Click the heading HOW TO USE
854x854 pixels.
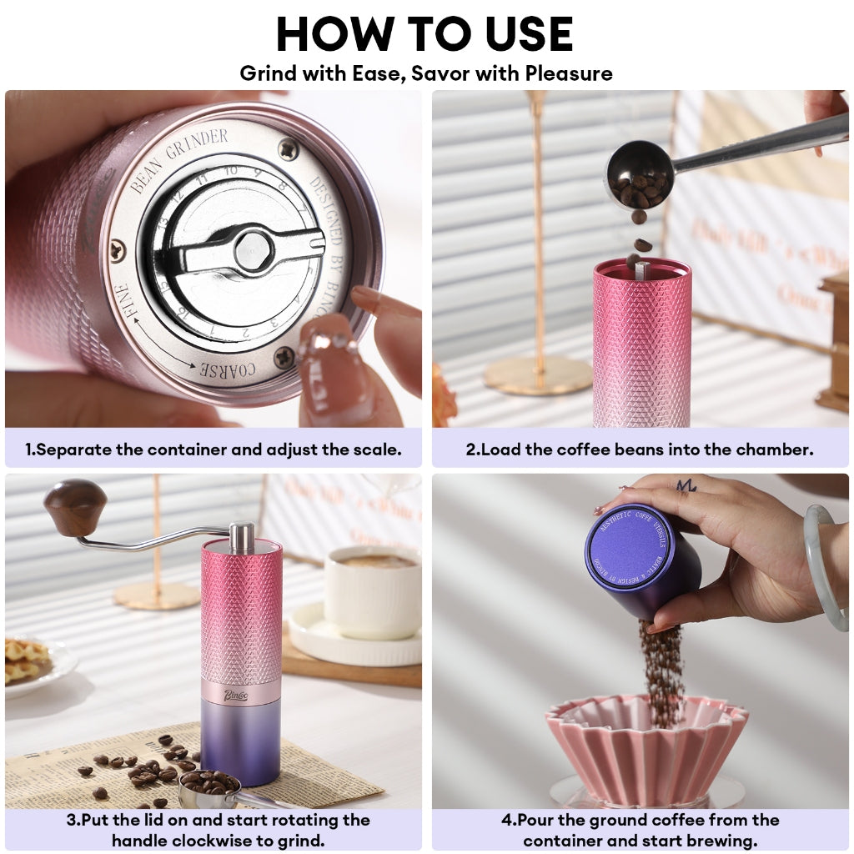point(425,34)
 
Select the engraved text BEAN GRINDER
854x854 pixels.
point(178,158)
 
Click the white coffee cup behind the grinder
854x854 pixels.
point(372,591)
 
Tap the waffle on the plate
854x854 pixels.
point(27,659)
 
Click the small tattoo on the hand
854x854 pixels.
point(686,485)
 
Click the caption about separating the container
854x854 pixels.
point(213,450)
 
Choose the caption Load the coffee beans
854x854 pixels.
point(640,450)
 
